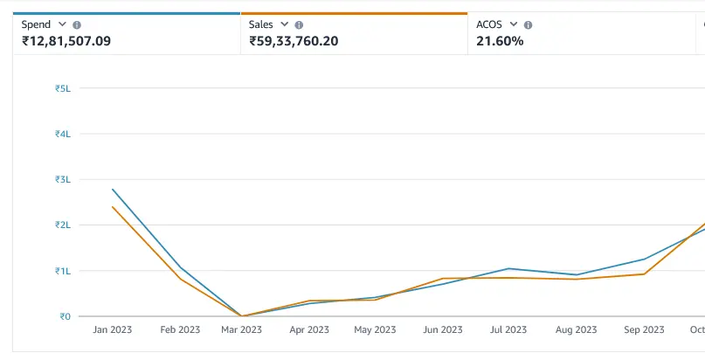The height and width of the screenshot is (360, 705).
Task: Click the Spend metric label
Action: click(36, 25)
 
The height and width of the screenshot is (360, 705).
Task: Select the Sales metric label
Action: click(261, 25)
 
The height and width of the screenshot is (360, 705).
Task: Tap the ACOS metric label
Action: click(489, 25)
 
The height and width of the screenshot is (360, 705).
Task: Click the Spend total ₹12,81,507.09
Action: click(66, 41)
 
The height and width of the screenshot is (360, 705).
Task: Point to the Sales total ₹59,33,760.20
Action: click(294, 41)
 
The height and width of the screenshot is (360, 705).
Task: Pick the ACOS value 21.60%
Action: click(500, 41)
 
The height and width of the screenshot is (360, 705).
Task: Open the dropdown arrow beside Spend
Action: click(61, 25)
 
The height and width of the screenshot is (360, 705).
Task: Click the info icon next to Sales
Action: click(300, 25)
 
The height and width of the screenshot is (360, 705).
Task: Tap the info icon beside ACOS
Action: click(528, 25)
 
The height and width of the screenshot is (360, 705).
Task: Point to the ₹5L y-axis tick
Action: click(62, 88)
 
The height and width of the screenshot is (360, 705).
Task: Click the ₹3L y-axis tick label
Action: click(62, 179)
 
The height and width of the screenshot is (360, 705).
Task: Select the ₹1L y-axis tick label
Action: click(62, 271)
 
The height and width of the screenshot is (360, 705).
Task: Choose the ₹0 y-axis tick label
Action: click(64, 316)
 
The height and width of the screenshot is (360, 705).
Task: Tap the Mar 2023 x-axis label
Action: click(241, 330)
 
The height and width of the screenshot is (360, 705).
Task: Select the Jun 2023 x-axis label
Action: click(442, 330)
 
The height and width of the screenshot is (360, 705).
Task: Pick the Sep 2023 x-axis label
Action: click(644, 330)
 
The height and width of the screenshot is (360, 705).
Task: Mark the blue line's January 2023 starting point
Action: click(113, 189)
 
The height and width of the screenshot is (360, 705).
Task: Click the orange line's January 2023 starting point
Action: click(113, 207)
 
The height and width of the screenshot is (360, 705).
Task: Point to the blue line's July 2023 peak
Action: click(508, 268)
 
